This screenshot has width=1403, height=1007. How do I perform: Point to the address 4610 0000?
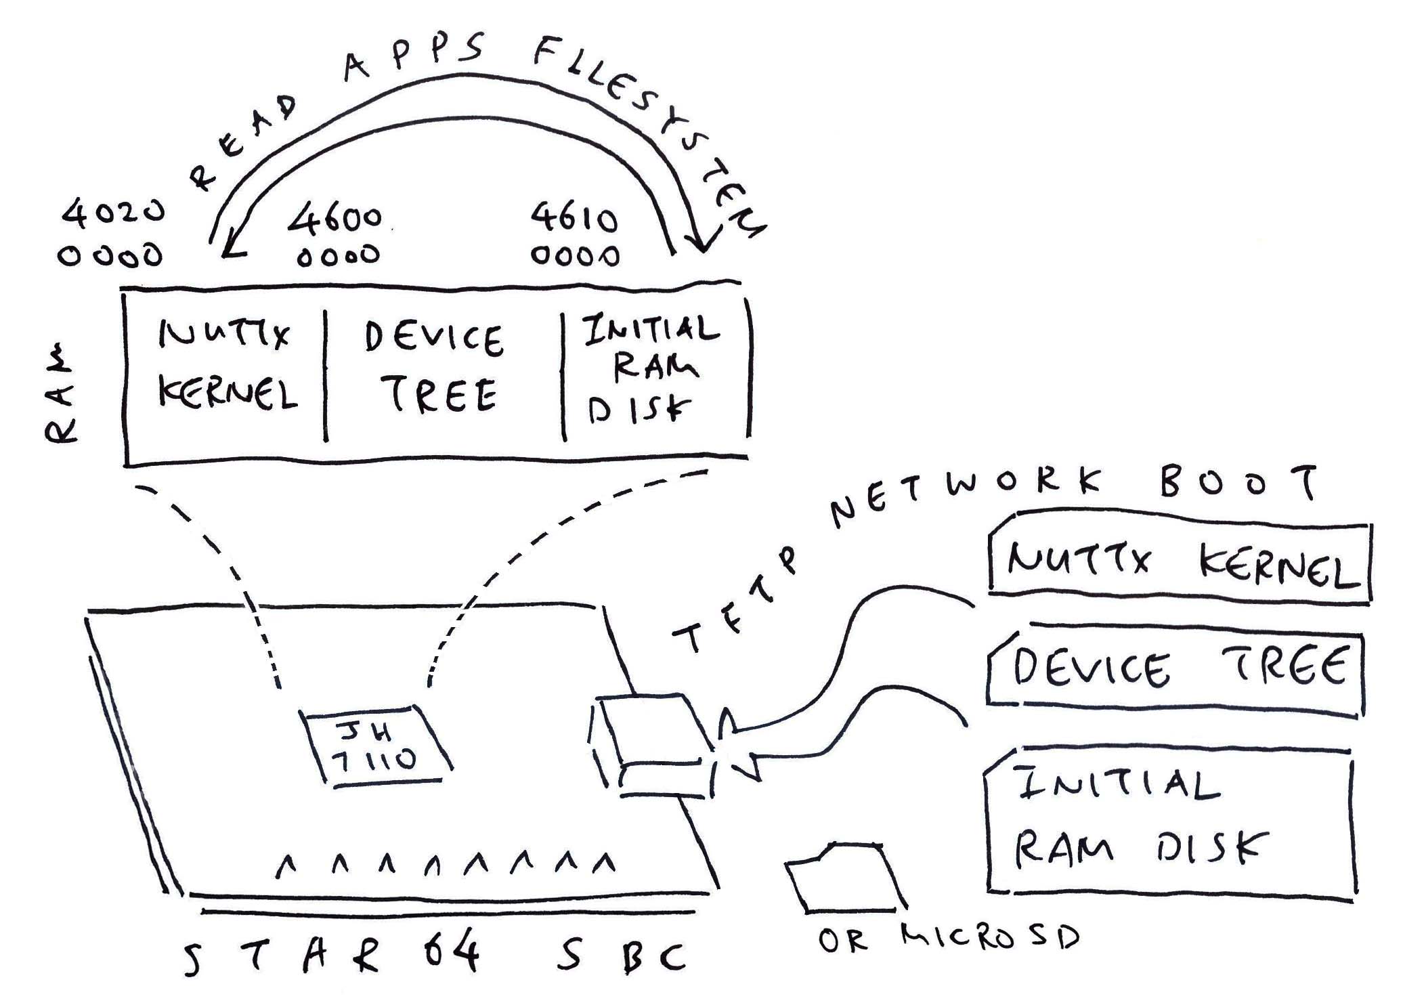pos(574,236)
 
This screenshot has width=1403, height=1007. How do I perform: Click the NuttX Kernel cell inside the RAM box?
pos(226,376)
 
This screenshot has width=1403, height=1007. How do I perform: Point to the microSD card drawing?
pos(845,878)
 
